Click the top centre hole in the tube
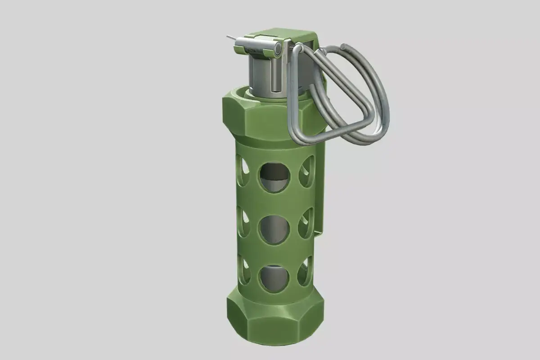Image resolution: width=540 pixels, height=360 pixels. pyautogui.click(x=274, y=177)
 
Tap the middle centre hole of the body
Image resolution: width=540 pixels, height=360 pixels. pyautogui.click(x=273, y=229)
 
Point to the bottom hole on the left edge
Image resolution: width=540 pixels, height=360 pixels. pyautogui.click(x=245, y=270)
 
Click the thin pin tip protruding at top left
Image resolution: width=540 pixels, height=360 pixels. pyautogui.click(x=230, y=37)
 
